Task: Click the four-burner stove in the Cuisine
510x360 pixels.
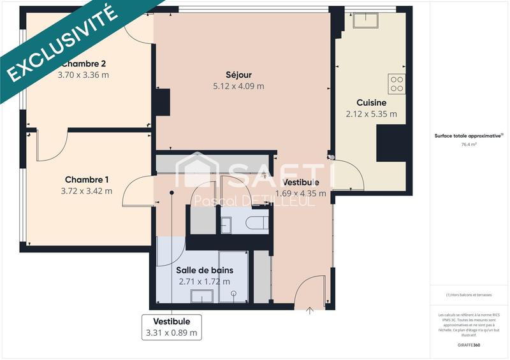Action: (397, 84)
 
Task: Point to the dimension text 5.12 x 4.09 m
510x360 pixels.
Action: (239, 86)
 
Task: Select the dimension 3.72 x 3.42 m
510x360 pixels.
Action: (86, 191)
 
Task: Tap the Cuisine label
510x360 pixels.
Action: (371, 103)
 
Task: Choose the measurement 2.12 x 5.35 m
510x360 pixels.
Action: (371, 115)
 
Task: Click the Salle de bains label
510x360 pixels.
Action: (205, 270)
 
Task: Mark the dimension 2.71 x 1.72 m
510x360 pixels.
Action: (205, 282)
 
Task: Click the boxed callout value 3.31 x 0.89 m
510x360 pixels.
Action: (171, 333)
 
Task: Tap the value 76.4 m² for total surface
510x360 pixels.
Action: (469, 145)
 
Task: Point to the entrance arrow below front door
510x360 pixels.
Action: (310, 311)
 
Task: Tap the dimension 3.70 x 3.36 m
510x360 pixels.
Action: (84, 75)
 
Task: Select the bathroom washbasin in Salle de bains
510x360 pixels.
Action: (202, 296)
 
